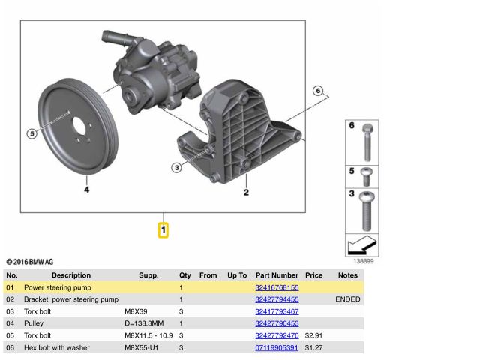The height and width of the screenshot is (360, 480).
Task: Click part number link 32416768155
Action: pos(277,287)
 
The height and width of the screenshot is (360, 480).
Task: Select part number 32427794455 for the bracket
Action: pos(277,299)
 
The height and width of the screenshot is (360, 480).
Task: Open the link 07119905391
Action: pos(277,347)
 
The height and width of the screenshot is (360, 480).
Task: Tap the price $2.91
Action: pos(313,335)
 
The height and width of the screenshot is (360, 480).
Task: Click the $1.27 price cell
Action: pos(313,347)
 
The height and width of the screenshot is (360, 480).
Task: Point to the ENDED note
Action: pos(347,299)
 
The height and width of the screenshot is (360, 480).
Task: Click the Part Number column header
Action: pos(277,275)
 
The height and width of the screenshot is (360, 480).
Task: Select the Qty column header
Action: pos(184,275)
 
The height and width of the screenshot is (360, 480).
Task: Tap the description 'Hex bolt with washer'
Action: pos(58,347)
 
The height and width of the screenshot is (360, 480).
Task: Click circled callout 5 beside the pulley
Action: pos(31,134)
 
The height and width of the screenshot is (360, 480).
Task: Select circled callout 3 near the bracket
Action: pos(176,167)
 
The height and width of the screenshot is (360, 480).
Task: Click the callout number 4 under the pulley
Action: pos(86,190)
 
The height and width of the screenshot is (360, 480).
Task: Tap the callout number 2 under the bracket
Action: pos(245,192)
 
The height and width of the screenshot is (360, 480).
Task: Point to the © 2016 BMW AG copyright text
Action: pos(30,262)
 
